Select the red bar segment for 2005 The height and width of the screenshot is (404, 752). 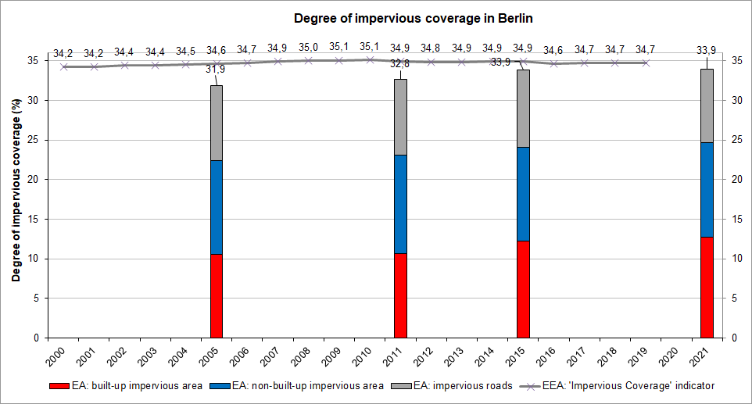(217, 295)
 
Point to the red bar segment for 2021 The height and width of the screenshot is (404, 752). (707, 287)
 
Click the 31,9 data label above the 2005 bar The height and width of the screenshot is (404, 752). (217, 70)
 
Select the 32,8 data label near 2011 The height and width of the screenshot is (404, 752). (400, 63)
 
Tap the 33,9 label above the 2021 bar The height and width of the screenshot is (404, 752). (707, 52)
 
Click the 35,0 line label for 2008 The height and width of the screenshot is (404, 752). (308, 48)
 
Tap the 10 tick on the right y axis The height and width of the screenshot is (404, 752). (734, 259)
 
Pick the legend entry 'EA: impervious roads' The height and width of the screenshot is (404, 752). (452, 386)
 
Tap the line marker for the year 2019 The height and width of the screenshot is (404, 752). (646, 63)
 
